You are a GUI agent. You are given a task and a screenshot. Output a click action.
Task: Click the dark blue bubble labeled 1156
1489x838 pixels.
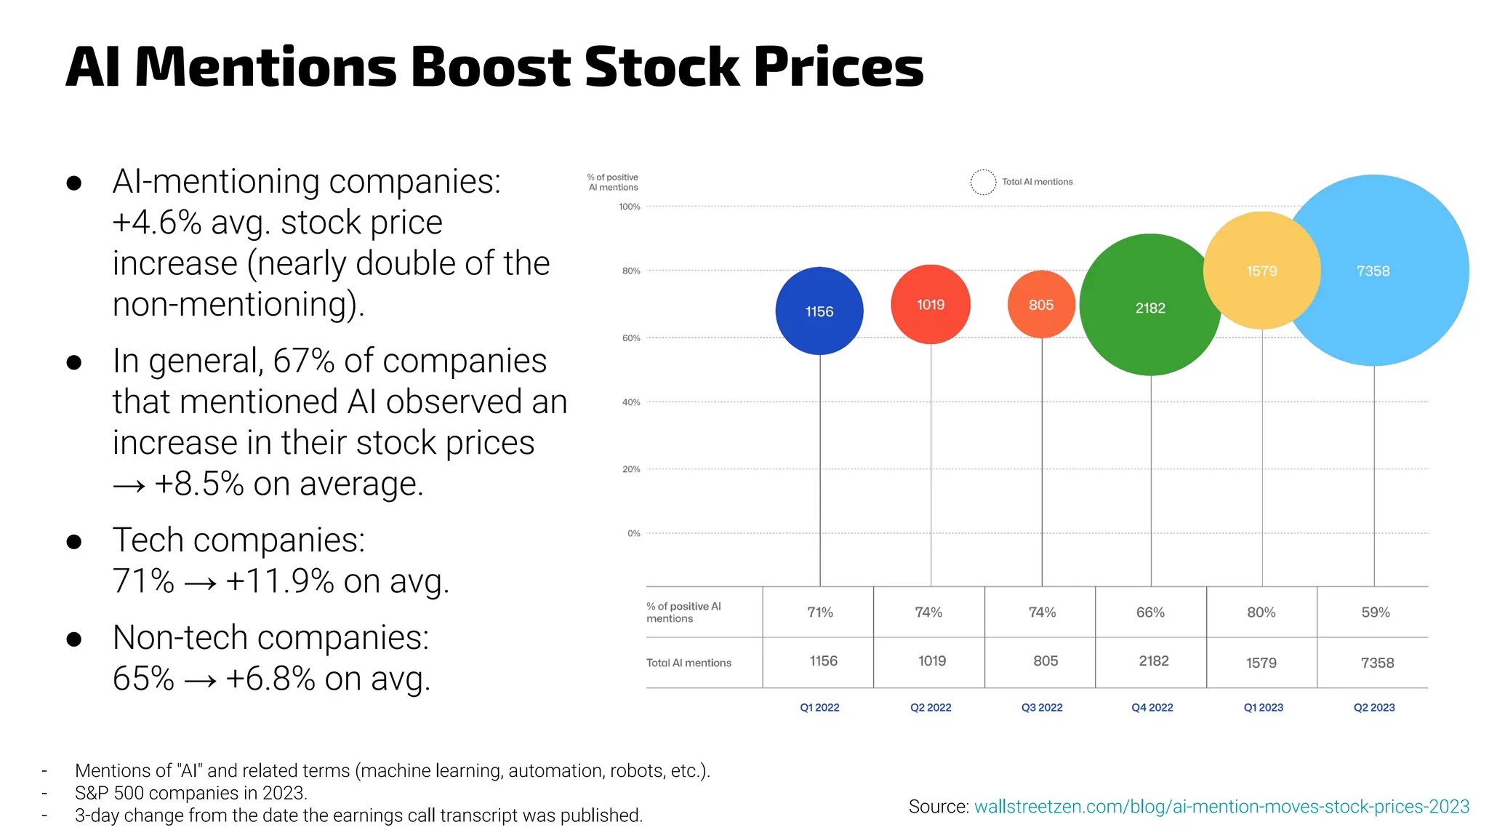(x=819, y=311)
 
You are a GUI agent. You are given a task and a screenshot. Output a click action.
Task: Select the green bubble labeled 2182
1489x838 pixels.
(x=1149, y=308)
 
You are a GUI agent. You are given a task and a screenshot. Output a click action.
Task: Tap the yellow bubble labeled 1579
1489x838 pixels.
(x=1261, y=271)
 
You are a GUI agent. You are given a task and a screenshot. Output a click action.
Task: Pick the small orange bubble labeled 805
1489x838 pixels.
(x=1041, y=305)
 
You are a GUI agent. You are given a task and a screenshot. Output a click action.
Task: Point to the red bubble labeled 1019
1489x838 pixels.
(x=930, y=305)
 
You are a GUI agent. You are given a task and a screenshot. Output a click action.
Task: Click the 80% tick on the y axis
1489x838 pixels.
(x=631, y=271)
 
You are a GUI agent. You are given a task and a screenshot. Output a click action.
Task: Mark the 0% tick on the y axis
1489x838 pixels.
(x=634, y=533)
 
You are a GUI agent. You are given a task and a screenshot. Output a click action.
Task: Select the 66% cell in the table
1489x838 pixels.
(x=1150, y=612)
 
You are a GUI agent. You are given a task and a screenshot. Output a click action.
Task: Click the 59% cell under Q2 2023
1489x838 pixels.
(x=1375, y=612)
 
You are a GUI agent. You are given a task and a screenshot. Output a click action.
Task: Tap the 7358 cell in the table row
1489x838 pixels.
(x=1377, y=663)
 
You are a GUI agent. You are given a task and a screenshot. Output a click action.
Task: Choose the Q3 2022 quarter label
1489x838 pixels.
(x=1041, y=707)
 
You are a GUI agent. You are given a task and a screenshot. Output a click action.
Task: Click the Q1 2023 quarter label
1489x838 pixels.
(x=1263, y=707)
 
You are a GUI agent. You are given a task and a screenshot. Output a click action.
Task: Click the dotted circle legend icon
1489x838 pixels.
(x=983, y=182)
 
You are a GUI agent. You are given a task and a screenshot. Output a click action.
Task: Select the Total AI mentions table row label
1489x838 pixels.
(x=689, y=663)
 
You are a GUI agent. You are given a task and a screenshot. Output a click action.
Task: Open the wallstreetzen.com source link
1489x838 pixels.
(x=1221, y=807)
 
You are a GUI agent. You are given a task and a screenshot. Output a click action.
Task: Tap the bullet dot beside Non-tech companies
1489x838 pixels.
(x=73, y=639)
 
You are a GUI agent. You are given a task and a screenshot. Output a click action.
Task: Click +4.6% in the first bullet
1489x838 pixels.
(x=156, y=223)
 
